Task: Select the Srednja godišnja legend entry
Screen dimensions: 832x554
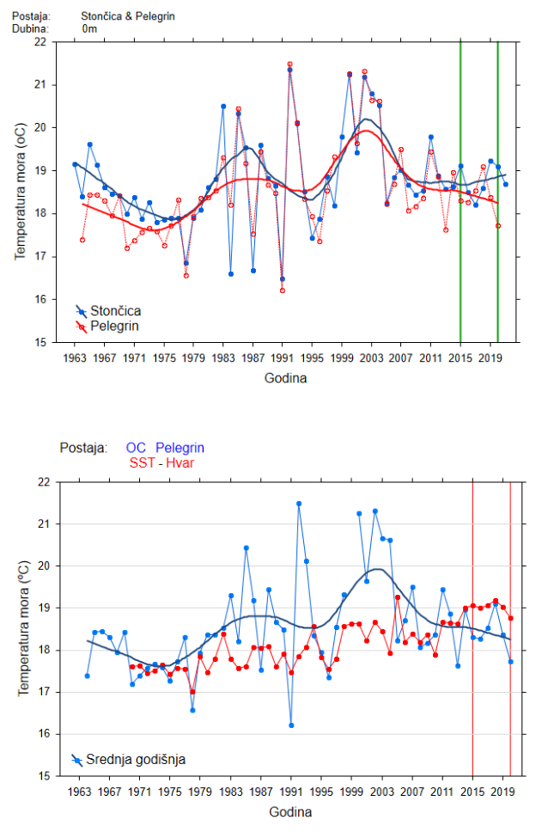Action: click(x=137, y=760)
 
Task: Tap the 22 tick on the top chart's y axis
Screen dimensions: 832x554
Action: click(x=40, y=41)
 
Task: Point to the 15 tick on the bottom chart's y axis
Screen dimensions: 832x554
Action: click(x=40, y=776)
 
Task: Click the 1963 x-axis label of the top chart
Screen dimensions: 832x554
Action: click(x=76, y=358)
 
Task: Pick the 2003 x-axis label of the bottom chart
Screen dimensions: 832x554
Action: click(x=380, y=792)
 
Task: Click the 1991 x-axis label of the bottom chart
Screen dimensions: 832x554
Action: click(x=290, y=792)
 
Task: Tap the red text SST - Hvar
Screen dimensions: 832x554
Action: click(x=161, y=462)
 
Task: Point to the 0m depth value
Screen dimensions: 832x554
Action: click(x=89, y=29)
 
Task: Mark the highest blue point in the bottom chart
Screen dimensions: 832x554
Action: click(x=299, y=504)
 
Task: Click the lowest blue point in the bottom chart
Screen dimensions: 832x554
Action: click(x=291, y=725)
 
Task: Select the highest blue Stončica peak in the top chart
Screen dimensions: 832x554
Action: click(x=289, y=70)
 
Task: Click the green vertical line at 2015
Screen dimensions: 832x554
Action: click(x=460, y=215)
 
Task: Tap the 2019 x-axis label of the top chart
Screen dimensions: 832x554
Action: click(x=490, y=358)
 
